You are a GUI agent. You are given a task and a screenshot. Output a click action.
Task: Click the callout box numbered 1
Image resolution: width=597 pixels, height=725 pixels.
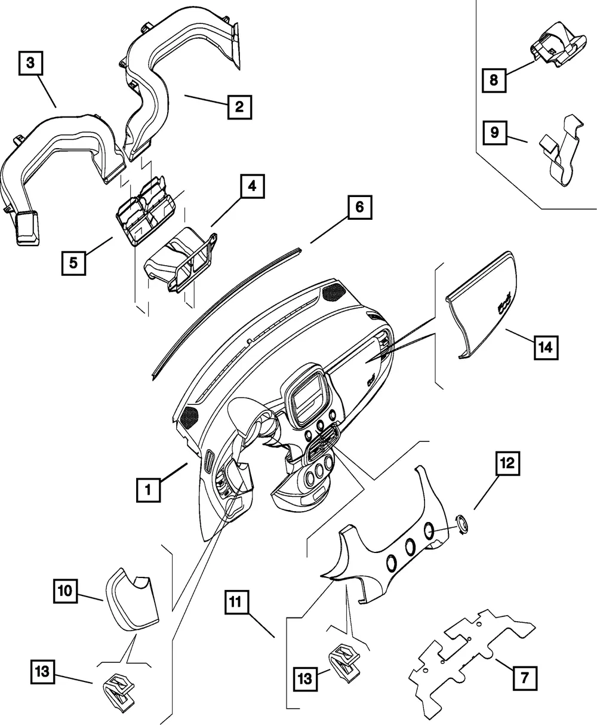[148, 490]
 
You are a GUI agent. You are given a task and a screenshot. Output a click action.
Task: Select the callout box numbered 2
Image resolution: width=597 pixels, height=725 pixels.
[239, 107]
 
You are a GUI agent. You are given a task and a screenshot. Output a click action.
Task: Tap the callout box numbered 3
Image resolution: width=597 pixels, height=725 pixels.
[30, 63]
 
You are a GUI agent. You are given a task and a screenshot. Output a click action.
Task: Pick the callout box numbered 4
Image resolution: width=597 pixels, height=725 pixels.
[252, 186]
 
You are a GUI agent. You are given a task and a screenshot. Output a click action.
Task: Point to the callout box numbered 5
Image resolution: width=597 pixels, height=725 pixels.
[73, 263]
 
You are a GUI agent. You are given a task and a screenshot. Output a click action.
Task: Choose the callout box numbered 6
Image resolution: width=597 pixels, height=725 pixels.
[359, 207]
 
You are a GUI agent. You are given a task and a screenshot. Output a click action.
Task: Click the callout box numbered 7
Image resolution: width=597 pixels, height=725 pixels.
[524, 678]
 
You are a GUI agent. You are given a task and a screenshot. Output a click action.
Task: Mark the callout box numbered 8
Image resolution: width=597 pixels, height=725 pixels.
[494, 80]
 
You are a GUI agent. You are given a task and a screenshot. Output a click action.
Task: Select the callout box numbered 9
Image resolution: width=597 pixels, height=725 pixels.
[494, 133]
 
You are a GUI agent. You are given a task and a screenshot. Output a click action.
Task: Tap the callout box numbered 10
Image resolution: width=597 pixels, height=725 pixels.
[65, 590]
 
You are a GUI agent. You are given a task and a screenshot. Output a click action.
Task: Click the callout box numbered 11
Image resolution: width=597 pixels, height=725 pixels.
[237, 602]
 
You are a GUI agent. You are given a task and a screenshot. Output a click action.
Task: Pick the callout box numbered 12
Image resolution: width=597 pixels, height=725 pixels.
[507, 463]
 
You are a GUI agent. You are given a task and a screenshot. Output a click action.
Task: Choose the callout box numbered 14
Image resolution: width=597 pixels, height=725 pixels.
[546, 348]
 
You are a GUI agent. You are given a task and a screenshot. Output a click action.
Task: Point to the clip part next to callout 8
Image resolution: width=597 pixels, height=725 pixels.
[558, 45]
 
